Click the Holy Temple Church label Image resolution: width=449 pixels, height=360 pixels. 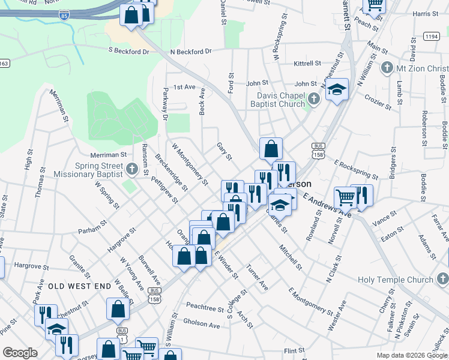(395, 280)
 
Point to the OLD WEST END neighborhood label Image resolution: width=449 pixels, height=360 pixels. (80, 286)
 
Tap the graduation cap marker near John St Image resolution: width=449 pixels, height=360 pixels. (337, 90)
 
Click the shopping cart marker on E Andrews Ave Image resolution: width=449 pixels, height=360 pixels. (345, 197)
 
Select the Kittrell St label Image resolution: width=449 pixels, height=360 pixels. (308, 63)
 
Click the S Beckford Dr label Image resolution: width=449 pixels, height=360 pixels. (128, 52)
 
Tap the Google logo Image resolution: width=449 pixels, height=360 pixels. (20, 353)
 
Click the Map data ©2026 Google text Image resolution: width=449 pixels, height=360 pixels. (412, 355)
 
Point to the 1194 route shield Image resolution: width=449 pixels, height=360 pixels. (431, 37)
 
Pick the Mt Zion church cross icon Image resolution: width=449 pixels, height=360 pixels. (387, 68)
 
